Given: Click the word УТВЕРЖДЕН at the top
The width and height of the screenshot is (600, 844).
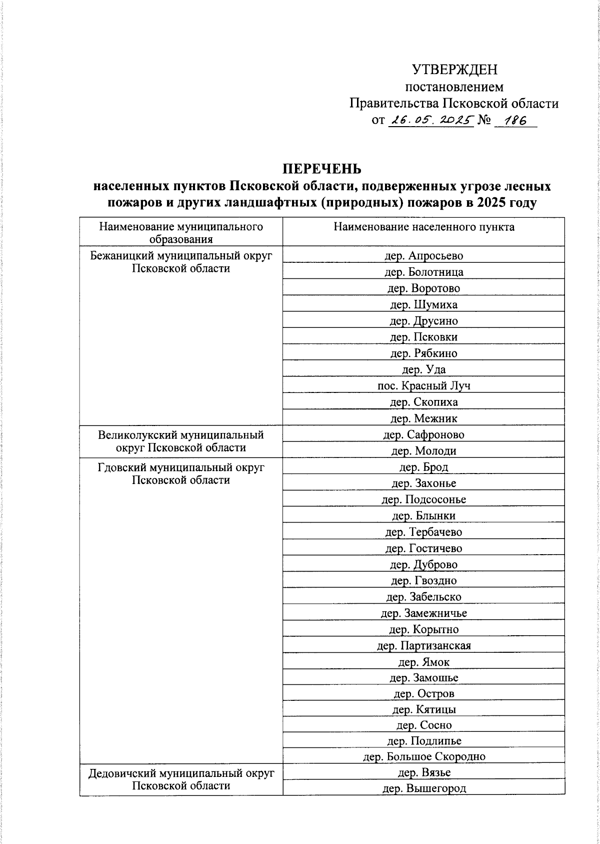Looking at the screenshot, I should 454,70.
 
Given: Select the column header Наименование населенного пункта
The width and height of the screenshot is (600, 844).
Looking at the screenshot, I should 423,227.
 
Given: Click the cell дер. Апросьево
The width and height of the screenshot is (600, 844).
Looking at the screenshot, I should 423,256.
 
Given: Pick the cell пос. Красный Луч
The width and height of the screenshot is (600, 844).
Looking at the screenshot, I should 423,385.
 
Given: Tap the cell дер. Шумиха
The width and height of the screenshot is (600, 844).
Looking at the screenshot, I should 423,304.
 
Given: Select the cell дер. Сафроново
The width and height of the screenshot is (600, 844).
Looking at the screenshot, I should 423,435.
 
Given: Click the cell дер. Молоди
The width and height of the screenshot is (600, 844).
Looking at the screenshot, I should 423,451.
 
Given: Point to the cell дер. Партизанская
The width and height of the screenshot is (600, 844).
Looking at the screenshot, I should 423,646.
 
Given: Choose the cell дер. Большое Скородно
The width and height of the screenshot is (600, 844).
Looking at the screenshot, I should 423,756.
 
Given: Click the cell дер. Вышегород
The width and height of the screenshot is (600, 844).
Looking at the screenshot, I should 423,789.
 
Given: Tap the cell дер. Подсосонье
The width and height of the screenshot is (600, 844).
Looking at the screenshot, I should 423,500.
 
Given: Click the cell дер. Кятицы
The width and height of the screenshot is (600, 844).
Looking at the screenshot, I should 423,709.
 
